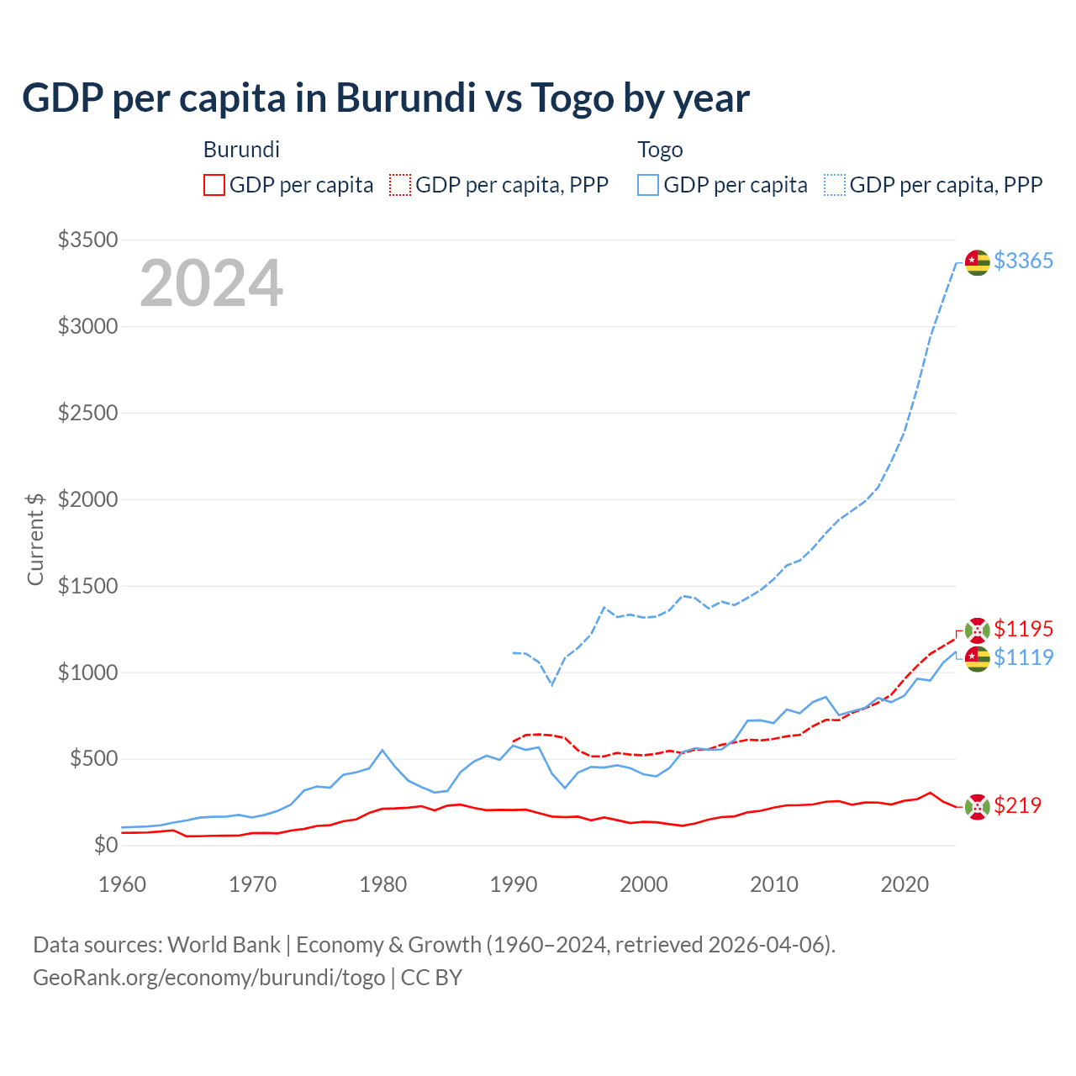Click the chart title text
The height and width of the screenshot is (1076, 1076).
tap(386, 98)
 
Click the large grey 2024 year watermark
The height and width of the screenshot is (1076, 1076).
tap(211, 283)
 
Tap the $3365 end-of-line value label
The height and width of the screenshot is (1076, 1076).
tap(1023, 261)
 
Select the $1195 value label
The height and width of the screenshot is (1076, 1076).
tap(1023, 629)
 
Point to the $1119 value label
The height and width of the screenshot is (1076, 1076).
tap(1023, 657)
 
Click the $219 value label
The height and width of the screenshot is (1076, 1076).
tap(1017, 805)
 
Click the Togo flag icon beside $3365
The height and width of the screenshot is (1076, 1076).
tap(977, 262)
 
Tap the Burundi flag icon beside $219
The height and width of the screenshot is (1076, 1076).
tap(977, 807)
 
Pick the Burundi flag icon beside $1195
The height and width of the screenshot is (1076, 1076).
tap(977, 630)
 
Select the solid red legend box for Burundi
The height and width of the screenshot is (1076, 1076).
tap(214, 185)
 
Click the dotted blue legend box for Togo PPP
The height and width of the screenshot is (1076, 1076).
tap(835, 185)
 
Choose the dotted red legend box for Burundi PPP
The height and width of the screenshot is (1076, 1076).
tap(400, 185)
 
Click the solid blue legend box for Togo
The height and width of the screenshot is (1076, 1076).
tap(648, 185)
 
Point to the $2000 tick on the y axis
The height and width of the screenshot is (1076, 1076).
tap(87, 499)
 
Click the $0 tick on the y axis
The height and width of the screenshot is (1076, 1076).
tap(105, 845)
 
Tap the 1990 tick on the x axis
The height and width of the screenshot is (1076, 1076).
tap(513, 884)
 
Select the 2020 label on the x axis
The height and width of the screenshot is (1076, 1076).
tap(904, 884)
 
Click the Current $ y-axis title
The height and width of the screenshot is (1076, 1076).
tap(35, 539)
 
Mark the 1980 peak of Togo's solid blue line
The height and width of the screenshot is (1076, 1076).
tap(382, 750)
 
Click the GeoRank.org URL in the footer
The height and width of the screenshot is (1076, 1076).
tap(208, 978)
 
